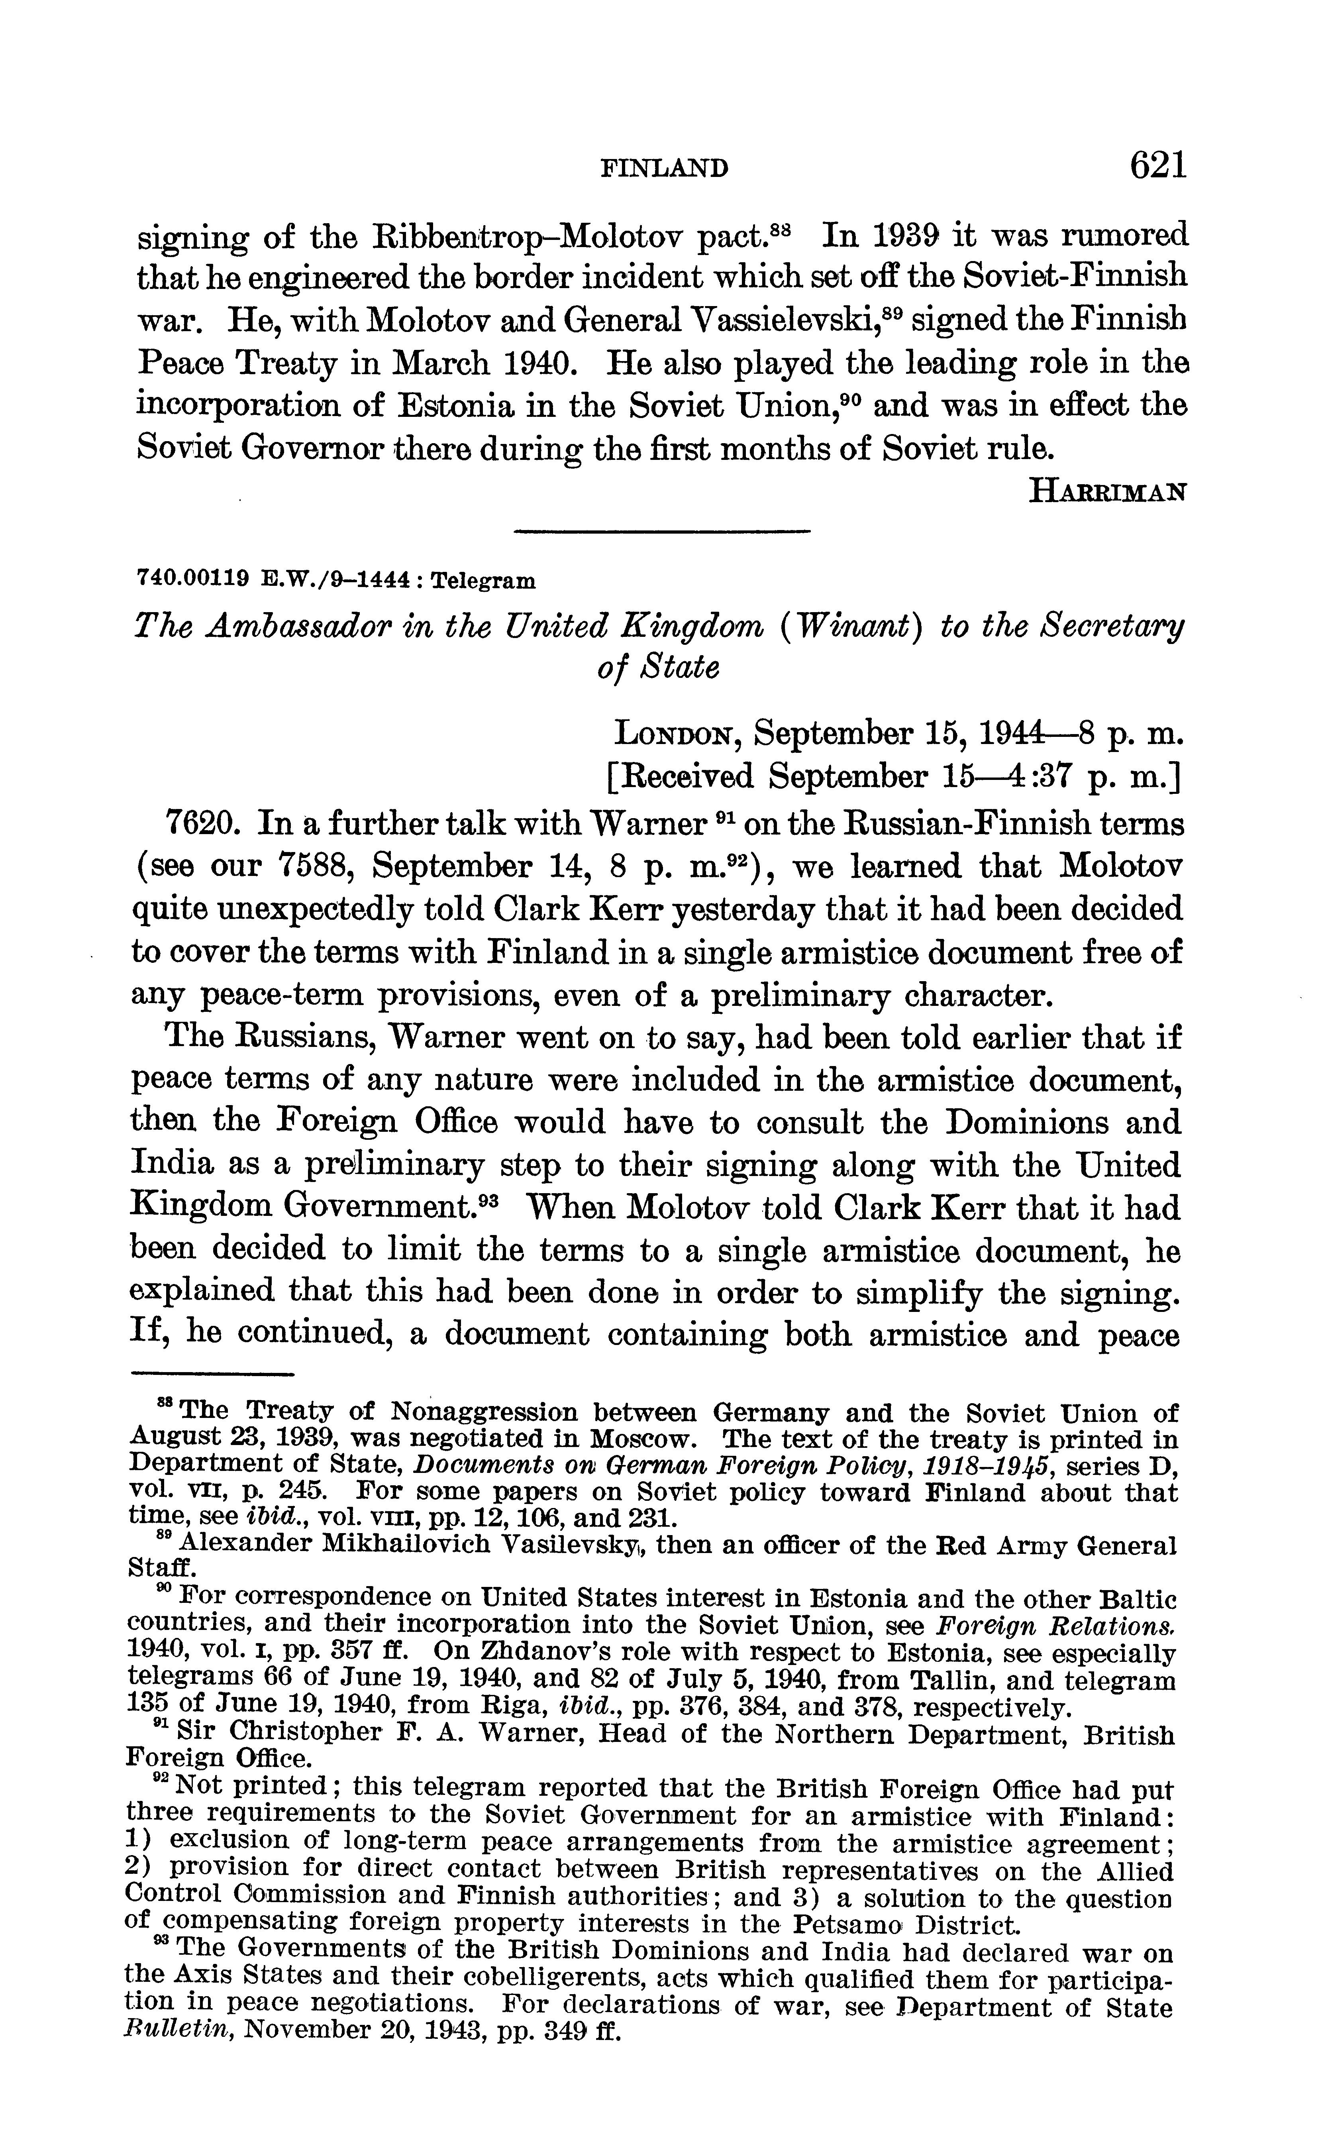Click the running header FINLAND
click(664, 167)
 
